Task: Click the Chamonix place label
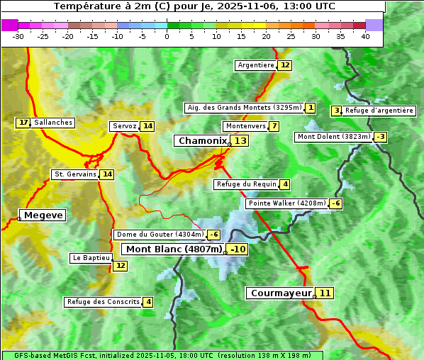pos(202,141)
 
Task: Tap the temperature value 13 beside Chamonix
pos(241,141)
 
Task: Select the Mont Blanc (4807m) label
pos(174,249)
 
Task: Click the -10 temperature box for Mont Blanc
pos(238,249)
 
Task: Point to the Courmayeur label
pos(281,293)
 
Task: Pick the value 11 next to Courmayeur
pos(325,293)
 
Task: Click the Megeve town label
pos(43,215)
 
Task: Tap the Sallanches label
pos(53,123)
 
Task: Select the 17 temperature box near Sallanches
pos(23,123)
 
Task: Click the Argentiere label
pos(256,65)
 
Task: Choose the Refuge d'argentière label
pos(379,111)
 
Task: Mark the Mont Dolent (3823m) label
pos(333,137)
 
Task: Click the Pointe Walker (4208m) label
pos(286,203)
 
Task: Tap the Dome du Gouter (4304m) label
pos(160,235)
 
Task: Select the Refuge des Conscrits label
pos(103,302)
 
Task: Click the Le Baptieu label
pos(91,258)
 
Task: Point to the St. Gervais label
pos(74,174)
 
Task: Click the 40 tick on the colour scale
pos(365,36)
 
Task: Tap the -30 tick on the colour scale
pos(18,36)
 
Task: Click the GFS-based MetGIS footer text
pos(162,355)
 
